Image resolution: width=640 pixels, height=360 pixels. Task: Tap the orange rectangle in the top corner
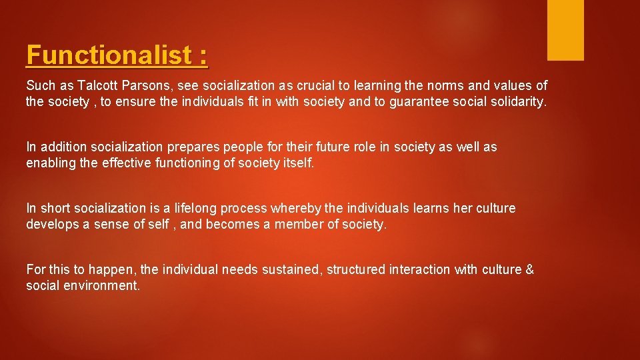pos(565,30)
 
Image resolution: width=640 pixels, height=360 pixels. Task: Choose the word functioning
pos(178,163)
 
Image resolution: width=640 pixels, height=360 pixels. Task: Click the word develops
pos(51,224)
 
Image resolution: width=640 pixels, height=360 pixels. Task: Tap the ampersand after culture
pos(529,270)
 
